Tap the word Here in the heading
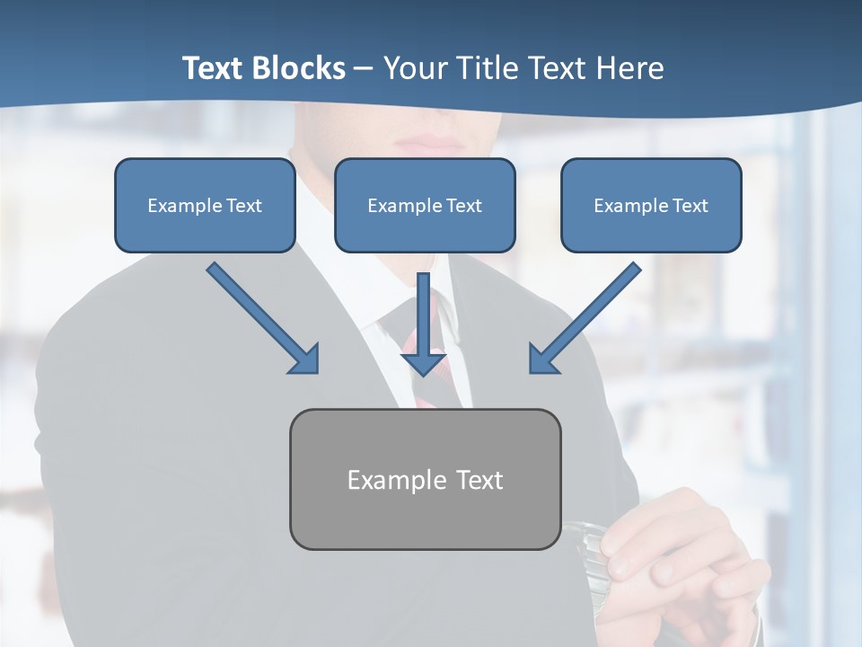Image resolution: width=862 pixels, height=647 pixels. tap(628, 68)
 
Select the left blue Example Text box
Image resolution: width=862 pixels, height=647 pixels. tap(205, 205)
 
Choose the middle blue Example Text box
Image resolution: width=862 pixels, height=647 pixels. tap(425, 205)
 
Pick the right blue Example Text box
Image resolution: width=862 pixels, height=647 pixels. tap(651, 205)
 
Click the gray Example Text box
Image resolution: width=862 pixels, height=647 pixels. tap(425, 479)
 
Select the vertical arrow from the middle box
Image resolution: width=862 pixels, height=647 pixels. tap(424, 315)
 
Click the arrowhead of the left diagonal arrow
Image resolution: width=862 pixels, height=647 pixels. tap(305, 359)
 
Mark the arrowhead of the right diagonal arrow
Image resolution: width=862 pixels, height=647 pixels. tap(543, 359)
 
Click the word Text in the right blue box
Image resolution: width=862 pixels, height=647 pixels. tap(690, 206)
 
